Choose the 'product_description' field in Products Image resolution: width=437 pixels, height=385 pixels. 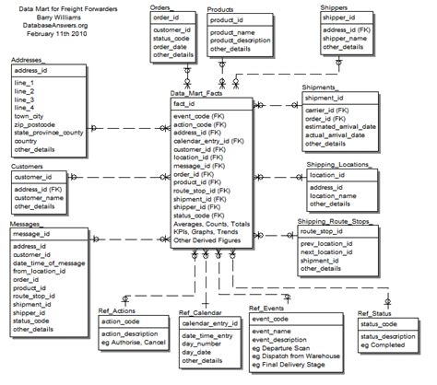(x=247, y=41)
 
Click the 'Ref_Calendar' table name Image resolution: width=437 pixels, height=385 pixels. (x=203, y=311)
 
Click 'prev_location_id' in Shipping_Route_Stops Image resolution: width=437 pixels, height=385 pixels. (x=332, y=243)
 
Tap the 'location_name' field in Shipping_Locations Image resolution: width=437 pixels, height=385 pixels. (x=338, y=194)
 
